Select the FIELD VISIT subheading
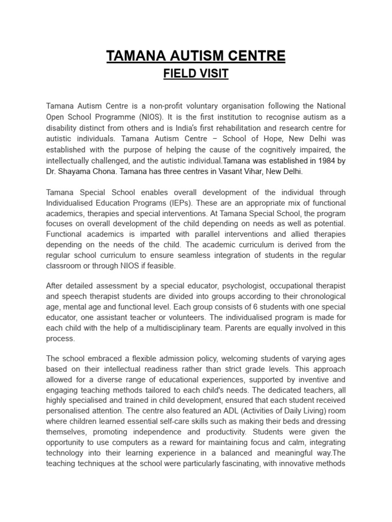tap(195, 74)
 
